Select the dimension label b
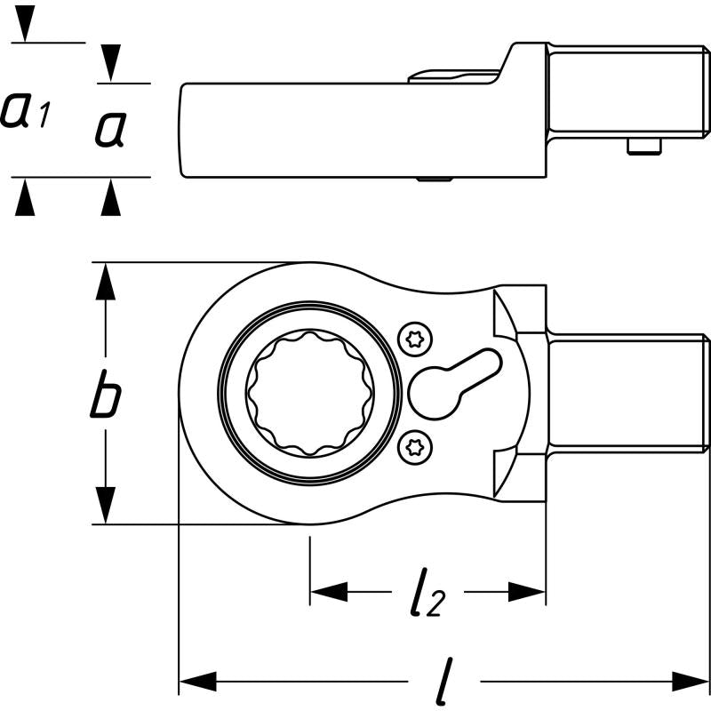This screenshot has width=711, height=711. click(x=105, y=401)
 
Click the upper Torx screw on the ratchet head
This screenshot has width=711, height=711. click(x=413, y=339)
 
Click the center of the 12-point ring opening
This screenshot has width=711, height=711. click(x=310, y=391)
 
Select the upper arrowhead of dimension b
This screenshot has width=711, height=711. click(x=106, y=283)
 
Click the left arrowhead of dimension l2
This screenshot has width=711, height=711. click(x=328, y=592)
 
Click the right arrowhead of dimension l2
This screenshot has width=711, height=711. click(x=526, y=592)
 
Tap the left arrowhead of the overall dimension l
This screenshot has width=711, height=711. click(x=197, y=683)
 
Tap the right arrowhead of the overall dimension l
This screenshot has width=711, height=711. click(x=691, y=683)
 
